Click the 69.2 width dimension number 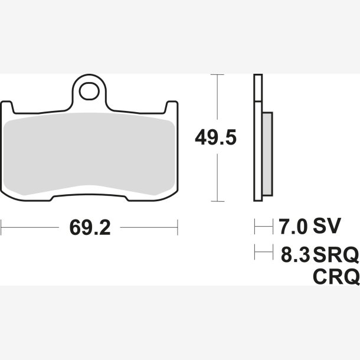tap(90, 228)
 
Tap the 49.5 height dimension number tap(215, 137)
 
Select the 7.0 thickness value tap(293, 227)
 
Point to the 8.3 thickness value tap(296, 254)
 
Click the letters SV tap(327, 227)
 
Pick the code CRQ tap(336, 277)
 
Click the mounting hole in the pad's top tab tap(89, 91)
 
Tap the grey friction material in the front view tap(89, 154)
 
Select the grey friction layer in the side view tap(267, 154)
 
